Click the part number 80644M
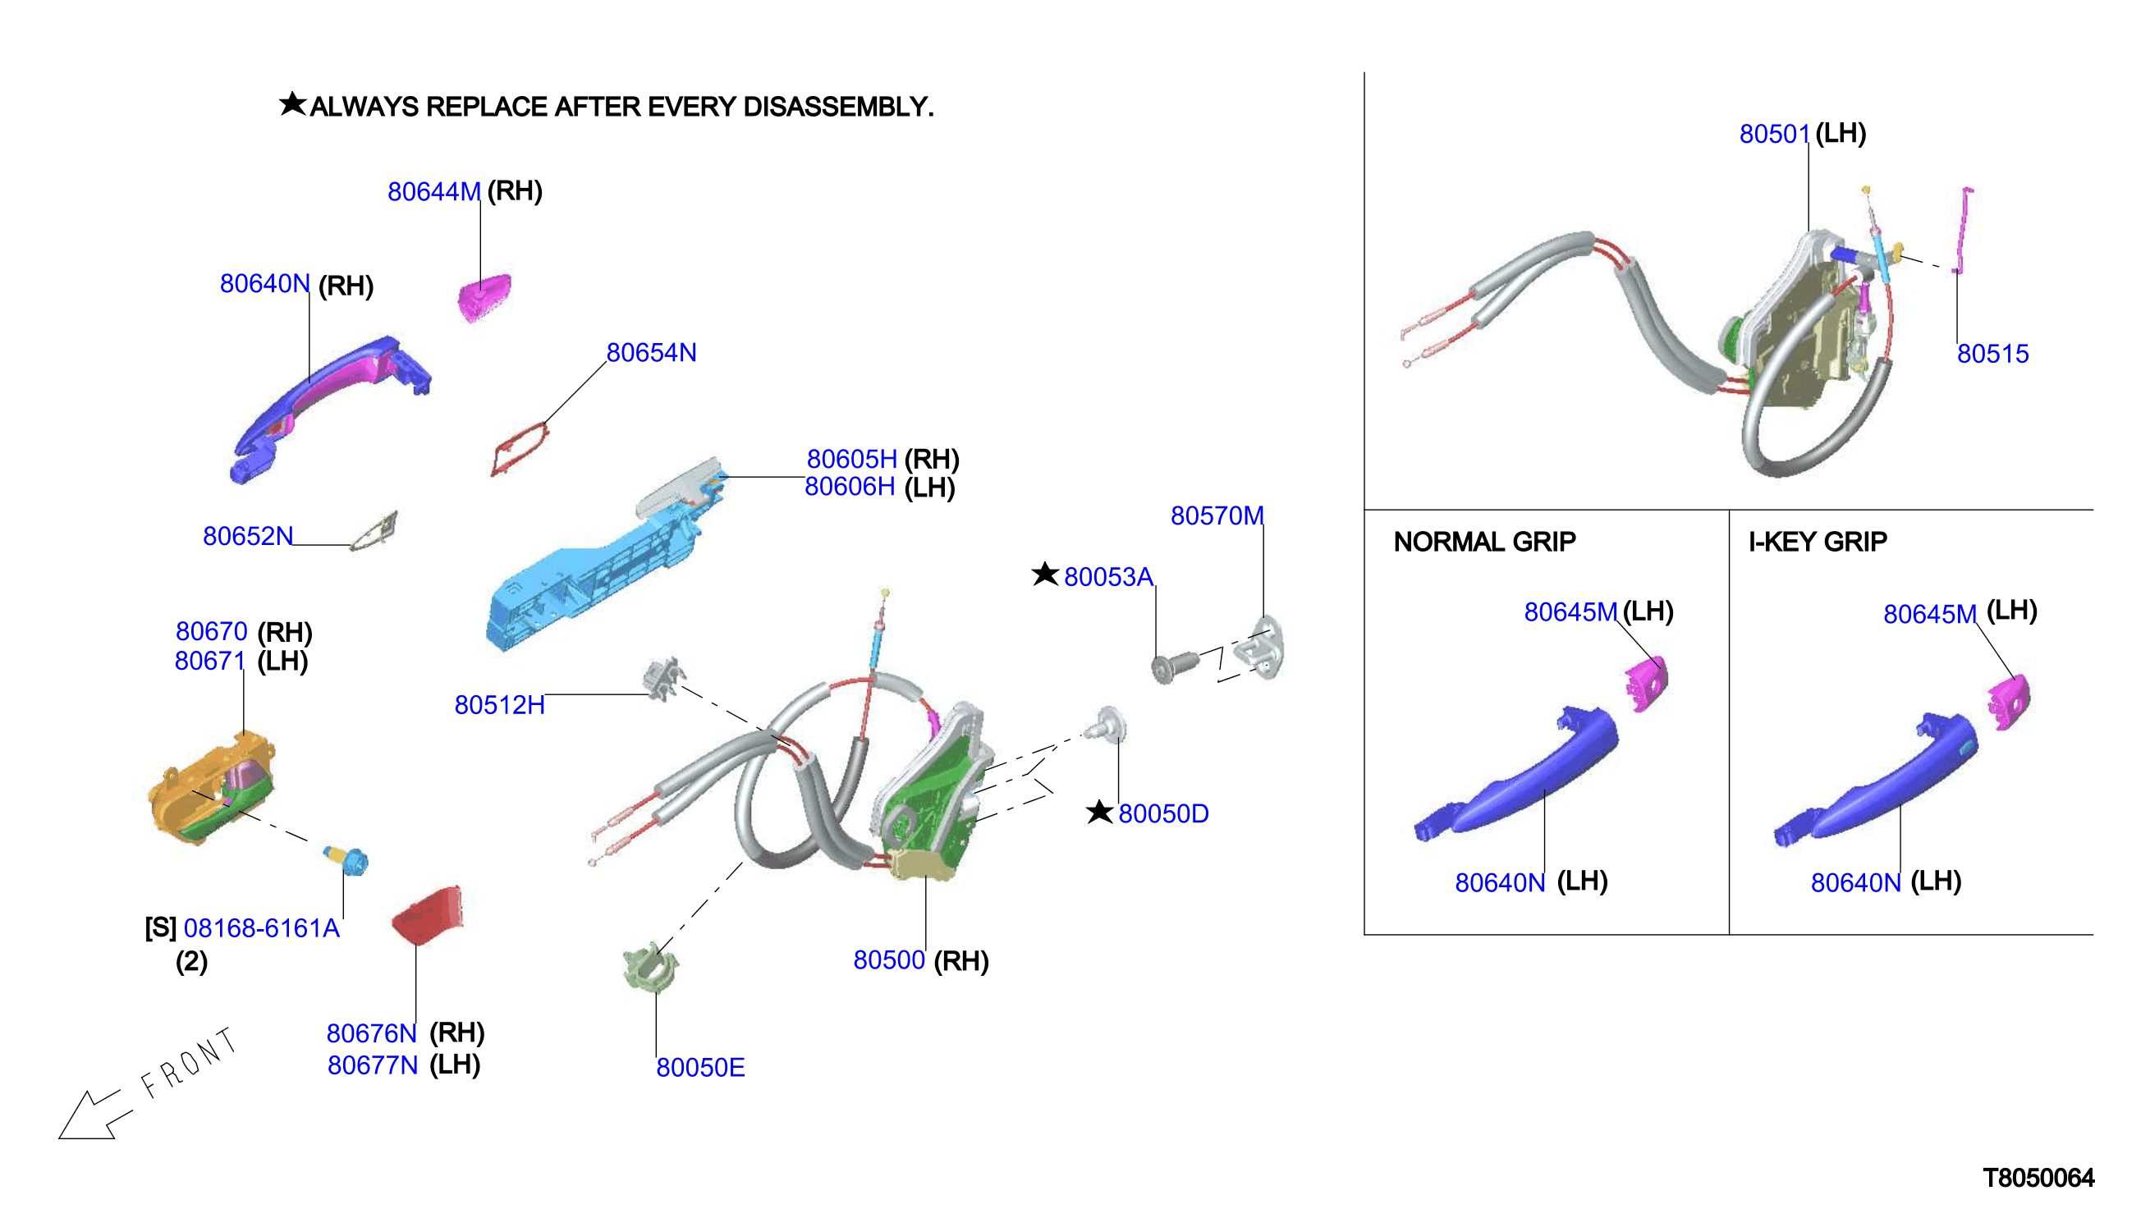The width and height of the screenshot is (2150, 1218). [x=433, y=191]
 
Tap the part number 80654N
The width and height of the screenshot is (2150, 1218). [x=651, y=352]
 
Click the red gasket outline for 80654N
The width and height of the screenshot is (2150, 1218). [x=519, y=448]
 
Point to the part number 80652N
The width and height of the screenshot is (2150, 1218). [x=248, y=535]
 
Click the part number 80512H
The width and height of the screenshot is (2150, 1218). [x=499, y=704]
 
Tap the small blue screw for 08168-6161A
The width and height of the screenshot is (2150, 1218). [x=346, y=859]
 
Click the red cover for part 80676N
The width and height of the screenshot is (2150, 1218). [x=428, y=913]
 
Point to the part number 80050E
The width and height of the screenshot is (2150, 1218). [x=700, y=1068]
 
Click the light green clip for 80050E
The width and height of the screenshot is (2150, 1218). [x=651, y=967]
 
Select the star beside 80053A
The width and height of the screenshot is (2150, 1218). [x=1045, y=574]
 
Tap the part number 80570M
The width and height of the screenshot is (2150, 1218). [x=1217, y=515]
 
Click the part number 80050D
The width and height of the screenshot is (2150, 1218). [x=1163, y=813]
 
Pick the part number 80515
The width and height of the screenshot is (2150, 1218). [x=1992, y=353]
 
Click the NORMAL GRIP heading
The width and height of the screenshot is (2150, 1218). [x=1484, y=541]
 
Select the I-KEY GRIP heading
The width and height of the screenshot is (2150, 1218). [x=1817, y=541]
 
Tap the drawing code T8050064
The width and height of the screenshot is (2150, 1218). [x=2038, y=1178]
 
